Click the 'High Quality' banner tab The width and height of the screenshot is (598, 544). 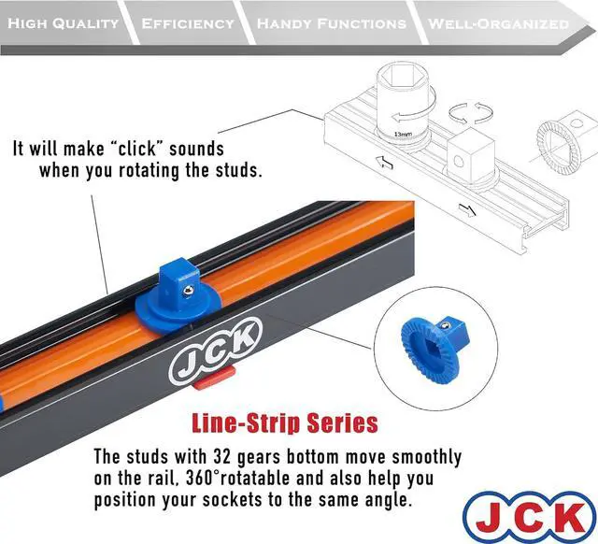pyautogui.click(x=63, y=23)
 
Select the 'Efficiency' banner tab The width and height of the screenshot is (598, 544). pyautogui.click(x=188, y=23)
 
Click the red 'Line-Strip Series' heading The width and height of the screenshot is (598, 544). pyautogui.click(x=285, y=422)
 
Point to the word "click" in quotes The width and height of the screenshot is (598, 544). pyautogui.click(x=141, y=149)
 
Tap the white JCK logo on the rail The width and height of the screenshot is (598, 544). pyautogui.click(x=216, y=354)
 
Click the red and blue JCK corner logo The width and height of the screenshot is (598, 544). pyautogui.click(x=527, y=515)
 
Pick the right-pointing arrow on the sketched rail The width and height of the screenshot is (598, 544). pyautogui.click(x=467, y=208)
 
